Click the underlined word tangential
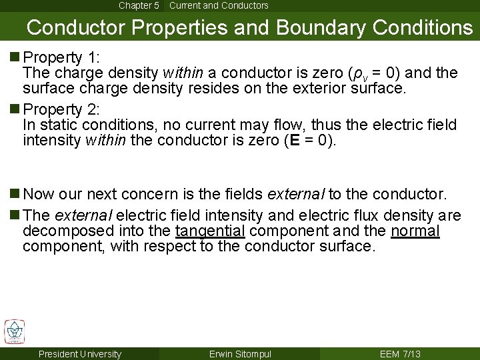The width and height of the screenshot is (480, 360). (x=210, y=231)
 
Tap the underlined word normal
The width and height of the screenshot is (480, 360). (x=416, y=231)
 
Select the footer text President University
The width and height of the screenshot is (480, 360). (x=80, y=353)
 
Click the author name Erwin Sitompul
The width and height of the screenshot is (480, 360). (x=239, y=353)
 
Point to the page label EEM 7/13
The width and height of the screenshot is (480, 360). (x=400, y=353)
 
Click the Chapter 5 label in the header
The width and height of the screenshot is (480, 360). (x=139, y=5)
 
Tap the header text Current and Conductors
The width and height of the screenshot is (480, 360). (x=219, y=5)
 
